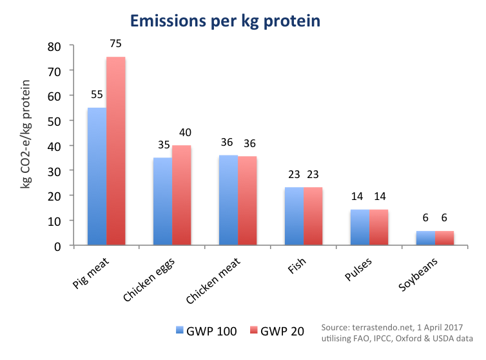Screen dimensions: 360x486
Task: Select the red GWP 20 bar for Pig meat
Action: point(116,151)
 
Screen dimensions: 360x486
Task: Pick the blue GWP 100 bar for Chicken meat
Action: point(229,200)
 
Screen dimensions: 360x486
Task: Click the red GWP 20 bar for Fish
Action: point(313,216)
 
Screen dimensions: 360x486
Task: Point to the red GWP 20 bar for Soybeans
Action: point(445,237)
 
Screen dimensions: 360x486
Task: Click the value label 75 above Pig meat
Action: point(116,44)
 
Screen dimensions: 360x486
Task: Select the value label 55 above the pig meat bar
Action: point(97,94)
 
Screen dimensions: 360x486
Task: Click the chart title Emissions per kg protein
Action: point(225,21)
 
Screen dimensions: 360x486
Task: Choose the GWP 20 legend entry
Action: point(278,331)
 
